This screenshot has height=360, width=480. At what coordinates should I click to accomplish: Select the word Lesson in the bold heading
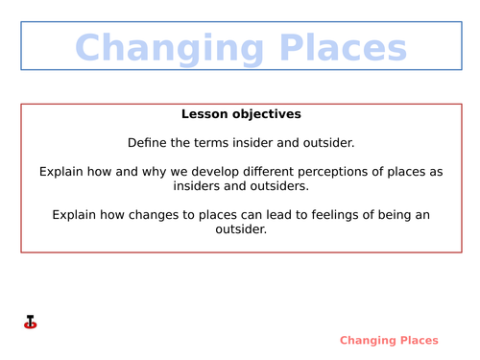(204, 114)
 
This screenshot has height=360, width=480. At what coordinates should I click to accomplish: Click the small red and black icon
(30, 323)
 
